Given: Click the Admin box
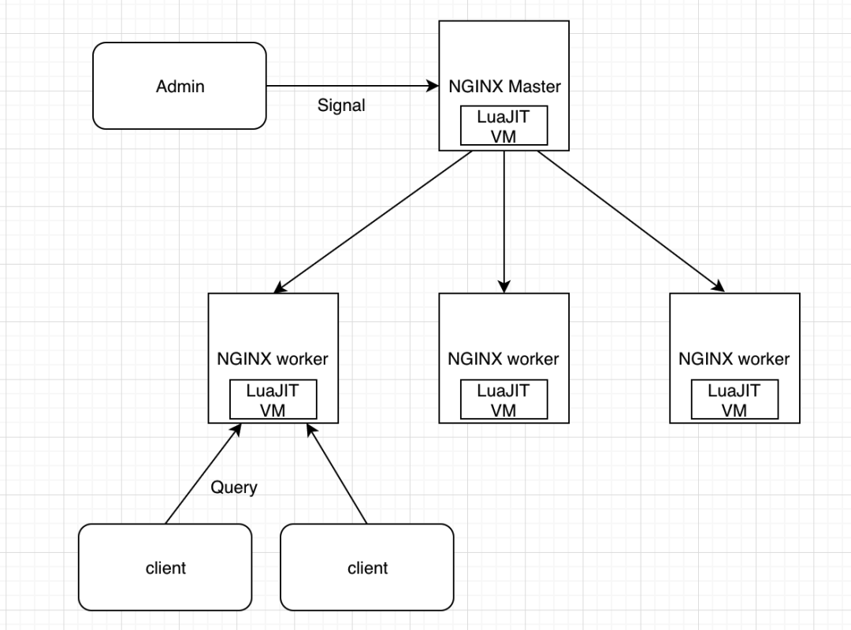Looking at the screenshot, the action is pyautogui.click(x=180, y=86).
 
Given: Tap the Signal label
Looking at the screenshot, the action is pyautogui.click(x=341, y=105).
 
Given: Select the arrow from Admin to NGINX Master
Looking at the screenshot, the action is pyautogui.click(x=353, y=86).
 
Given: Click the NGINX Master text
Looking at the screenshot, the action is pyautogui.click(x=505, y=87).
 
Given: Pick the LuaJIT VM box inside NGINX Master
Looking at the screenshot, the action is pyautogui.click(x=504, y=126).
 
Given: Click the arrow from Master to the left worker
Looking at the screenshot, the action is pyautogui.click(x=373, y=222).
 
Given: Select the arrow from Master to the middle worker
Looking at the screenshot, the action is pyautogui.click(x=504, y=222).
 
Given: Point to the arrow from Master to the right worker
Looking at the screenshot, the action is pyautogui.click(x=630, y=221).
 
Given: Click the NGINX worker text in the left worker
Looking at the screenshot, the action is pyautogui.click(x=273, y=358).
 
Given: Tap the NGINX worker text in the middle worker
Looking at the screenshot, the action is pyautogui.click(x=503, y=358).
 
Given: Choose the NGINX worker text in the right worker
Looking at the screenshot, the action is pyautogui.click(x=734, y=358).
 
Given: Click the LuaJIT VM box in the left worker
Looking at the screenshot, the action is pyautogui.click(x=273, y=399).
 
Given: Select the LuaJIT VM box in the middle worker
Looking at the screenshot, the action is pyautogui.click(x=504, y=399).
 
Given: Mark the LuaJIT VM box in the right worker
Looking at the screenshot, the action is pyautogui.click(x=735, y=399).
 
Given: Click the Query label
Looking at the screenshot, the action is pyautogui.click(x=234, y=487).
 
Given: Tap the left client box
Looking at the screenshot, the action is pyautogui.click(x=165, y=567).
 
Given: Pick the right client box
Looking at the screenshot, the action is pyautogui.click(x=367, y=567).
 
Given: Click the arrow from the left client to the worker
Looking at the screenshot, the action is pyautogui.click(x=203, y=474).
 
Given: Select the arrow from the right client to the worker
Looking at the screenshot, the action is pyautogui.click(x=336, y=474).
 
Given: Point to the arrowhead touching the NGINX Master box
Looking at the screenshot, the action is pyautogui.click(x=433, y=86).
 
